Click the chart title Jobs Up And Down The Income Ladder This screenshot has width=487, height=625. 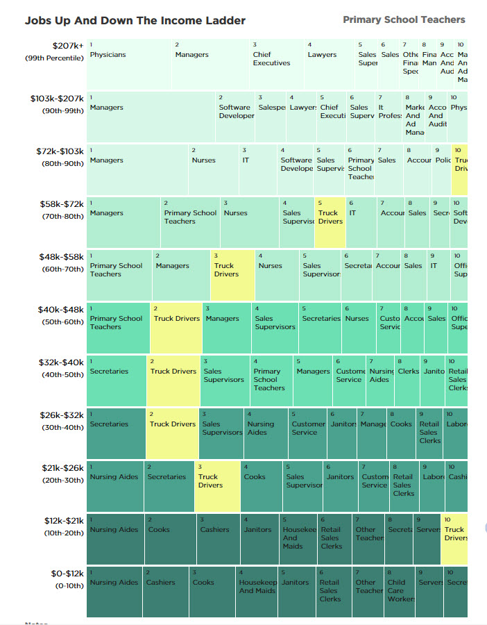135,21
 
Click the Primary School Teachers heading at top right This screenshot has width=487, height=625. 404,19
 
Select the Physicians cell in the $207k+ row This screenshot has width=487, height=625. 129,64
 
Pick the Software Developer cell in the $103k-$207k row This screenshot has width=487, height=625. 235,117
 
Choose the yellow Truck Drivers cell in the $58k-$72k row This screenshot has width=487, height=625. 330,222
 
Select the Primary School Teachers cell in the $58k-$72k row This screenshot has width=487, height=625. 190,222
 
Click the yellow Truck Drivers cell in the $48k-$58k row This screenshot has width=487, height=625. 232,275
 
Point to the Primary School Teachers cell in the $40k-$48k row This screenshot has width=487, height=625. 118,328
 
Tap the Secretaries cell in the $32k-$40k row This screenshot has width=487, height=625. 116,381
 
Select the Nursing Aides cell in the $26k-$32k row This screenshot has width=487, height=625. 266,433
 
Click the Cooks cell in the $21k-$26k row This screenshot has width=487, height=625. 262,486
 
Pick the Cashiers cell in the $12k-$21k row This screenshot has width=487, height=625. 218,539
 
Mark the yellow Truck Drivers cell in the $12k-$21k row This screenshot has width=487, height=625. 454,539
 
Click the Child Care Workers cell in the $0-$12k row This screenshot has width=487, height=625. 400,592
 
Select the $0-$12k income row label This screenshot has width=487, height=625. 67,574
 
